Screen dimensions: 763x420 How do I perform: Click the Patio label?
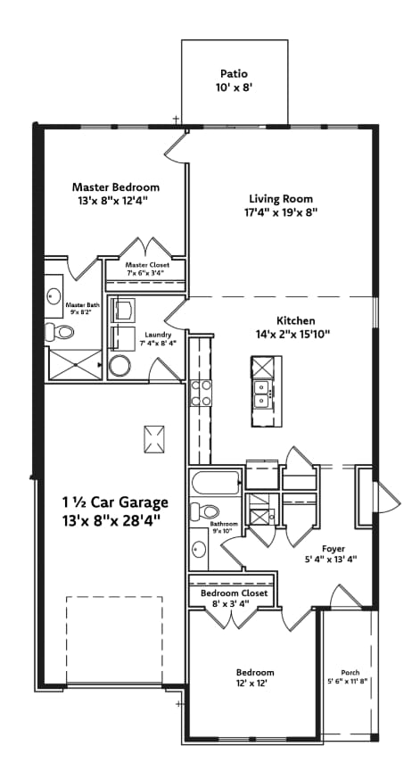click(x=235, y=74)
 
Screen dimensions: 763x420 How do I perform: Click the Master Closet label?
click(x=146, y=265)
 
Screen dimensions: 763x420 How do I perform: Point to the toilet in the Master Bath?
click(x=65, y=332)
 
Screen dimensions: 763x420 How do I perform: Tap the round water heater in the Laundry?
click(x=119, y=366)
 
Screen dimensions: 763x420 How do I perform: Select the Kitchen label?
click(x=292, y=320)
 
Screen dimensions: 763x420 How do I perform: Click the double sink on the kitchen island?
click(x=263, y=394)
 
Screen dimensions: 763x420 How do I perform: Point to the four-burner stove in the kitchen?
click(x=201, y=394)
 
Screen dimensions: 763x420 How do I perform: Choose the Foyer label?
click(x=334, y=548)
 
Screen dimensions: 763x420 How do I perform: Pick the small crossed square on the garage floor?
click(x=154, y=438)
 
